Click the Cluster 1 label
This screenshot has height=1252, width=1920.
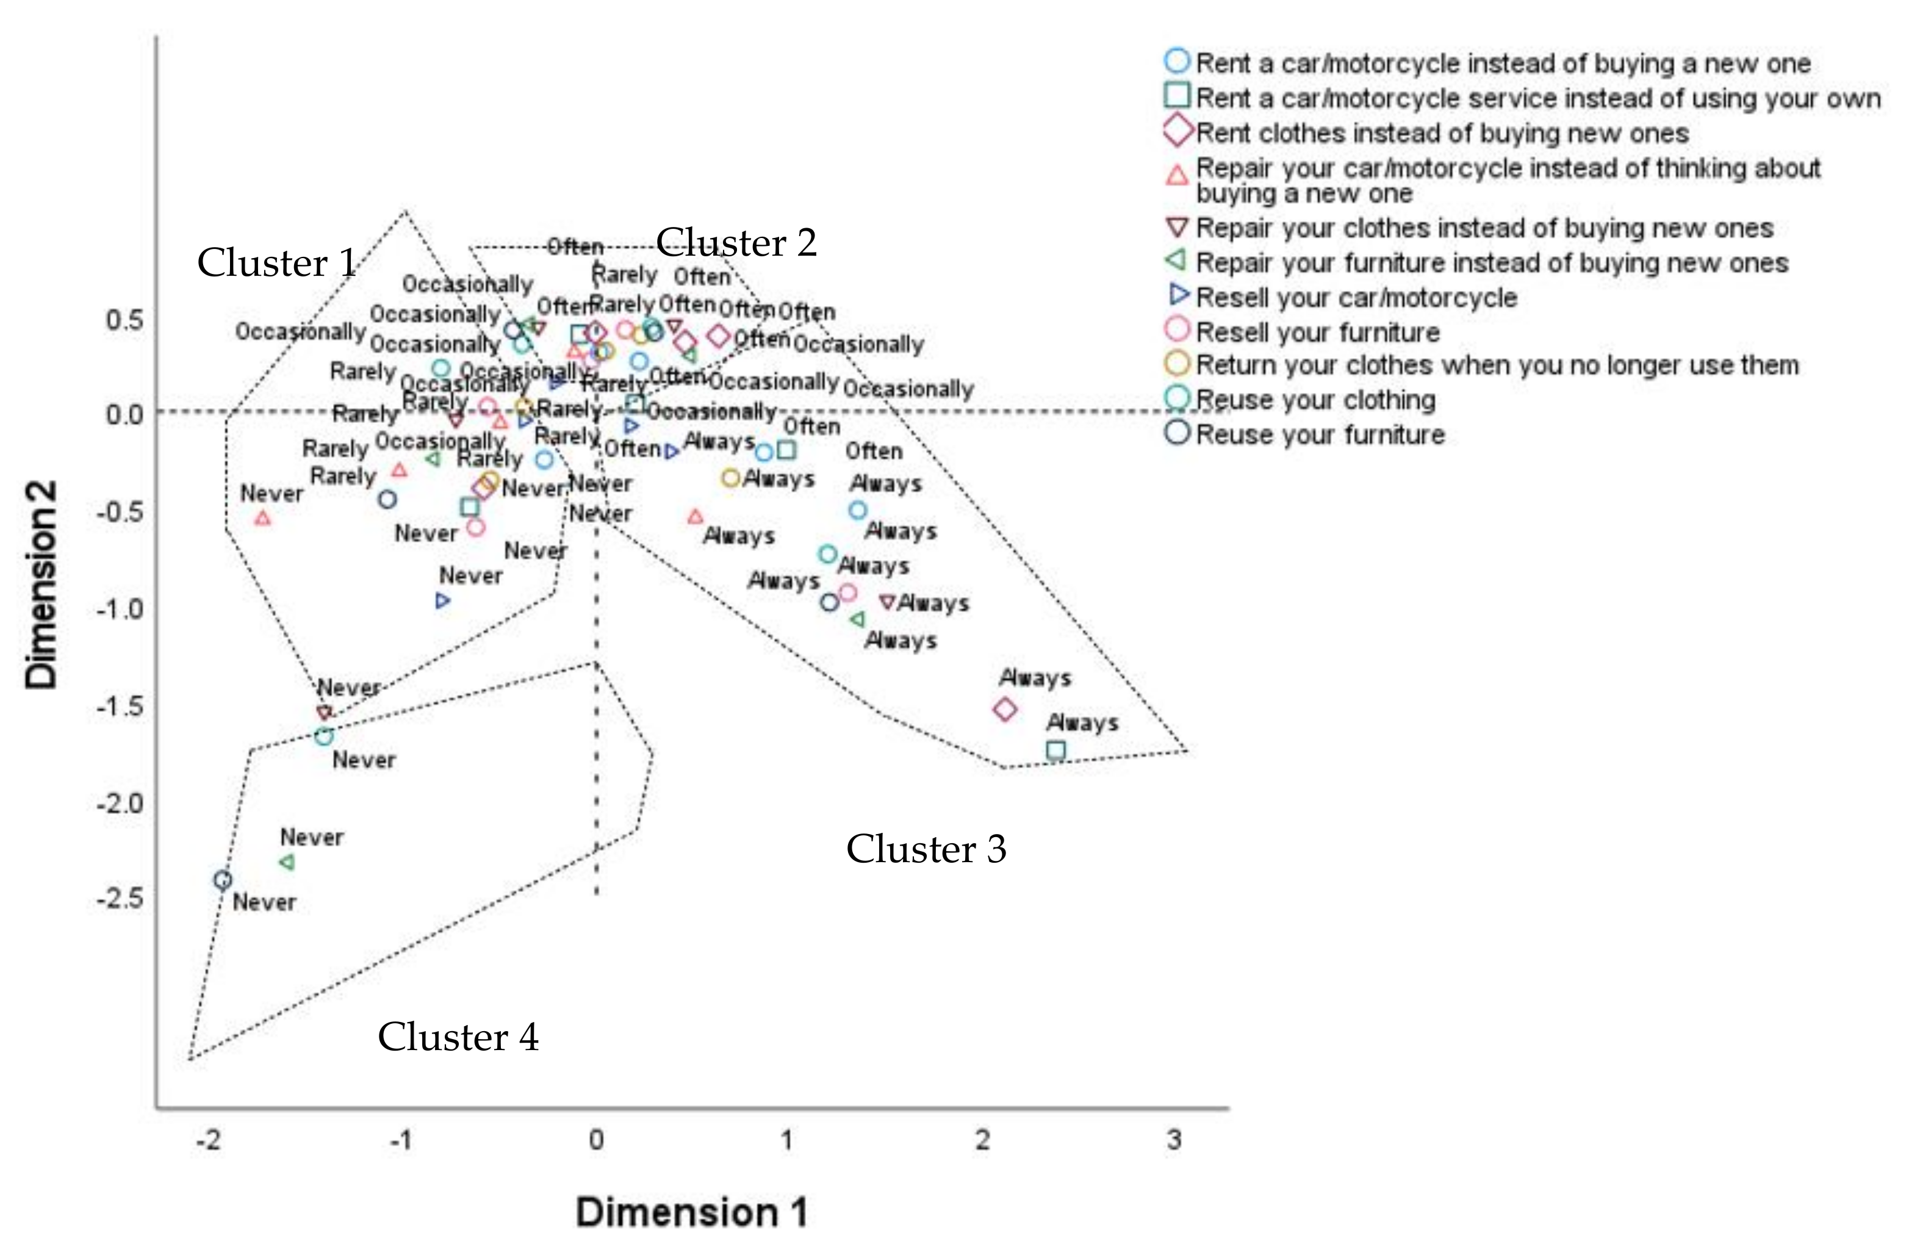277,263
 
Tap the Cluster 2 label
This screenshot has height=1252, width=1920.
736,243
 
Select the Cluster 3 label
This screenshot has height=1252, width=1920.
926,849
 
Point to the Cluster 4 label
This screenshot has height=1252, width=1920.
458,1037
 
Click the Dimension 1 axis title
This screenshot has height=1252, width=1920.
691,1212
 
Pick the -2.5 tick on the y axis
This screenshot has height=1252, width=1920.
120,898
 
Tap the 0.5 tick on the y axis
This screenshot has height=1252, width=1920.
124,320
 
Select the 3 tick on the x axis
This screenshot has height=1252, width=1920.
1174,1140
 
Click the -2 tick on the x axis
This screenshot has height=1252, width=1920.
208,1140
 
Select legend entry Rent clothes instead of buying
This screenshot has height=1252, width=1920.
1441,133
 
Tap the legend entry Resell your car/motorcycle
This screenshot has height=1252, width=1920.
1355,298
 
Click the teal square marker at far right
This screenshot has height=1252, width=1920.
1056,751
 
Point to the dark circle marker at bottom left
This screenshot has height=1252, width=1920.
223,880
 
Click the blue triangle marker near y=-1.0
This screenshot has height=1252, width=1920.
442,601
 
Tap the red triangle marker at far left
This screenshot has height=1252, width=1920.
263,519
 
